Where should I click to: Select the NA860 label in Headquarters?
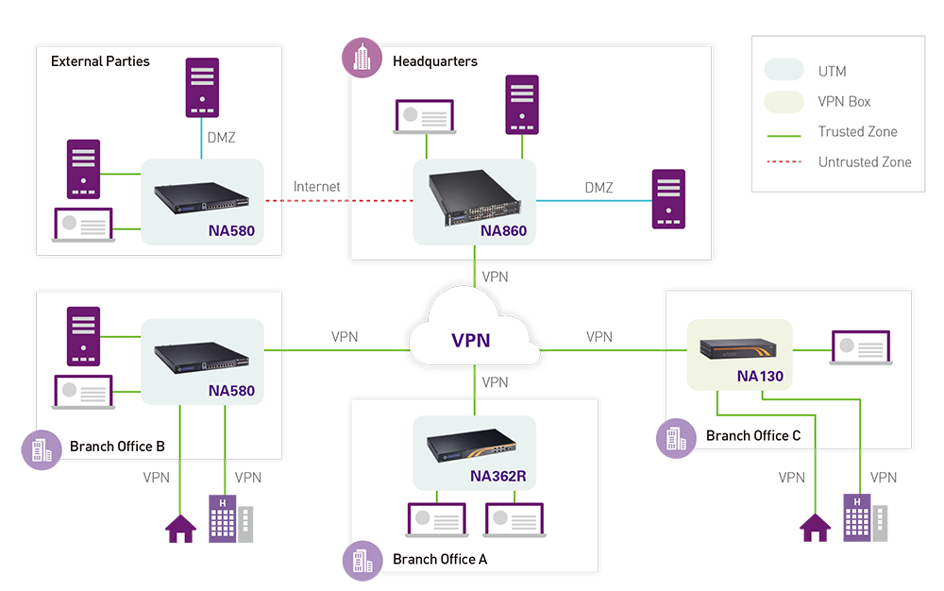503,229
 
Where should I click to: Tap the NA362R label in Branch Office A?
497,476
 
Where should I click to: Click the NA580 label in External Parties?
231,229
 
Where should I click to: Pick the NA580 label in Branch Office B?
231,390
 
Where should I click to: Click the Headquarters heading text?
435,61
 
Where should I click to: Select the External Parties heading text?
100,61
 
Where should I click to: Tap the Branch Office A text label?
440,559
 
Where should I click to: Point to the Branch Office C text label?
753,435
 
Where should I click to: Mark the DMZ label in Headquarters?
598,188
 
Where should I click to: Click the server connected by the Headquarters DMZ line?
668,199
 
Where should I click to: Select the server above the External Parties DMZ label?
202,87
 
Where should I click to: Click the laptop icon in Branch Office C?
859,348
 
